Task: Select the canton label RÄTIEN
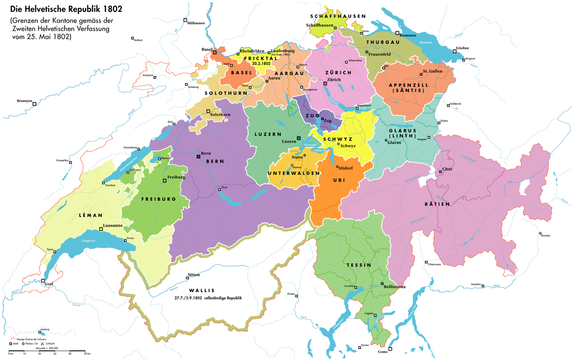tap(437, 204)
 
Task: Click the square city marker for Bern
tap(198, 156)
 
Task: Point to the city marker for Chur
tap(440, 173)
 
